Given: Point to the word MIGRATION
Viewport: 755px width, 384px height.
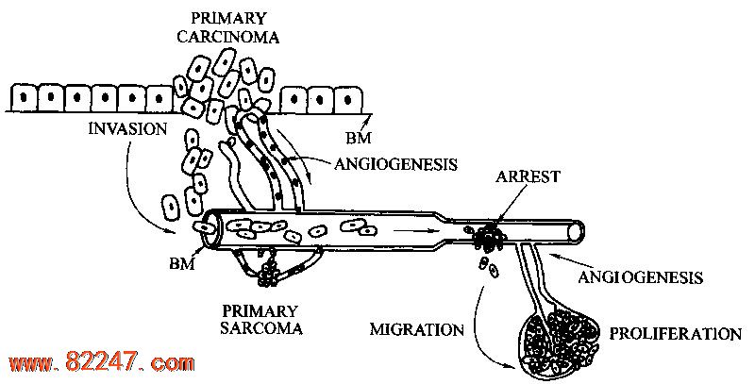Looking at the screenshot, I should (x=416, y=330).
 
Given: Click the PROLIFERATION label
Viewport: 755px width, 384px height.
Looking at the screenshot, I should (x=675, y=333).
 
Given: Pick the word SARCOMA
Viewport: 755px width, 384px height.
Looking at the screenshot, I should (x=262, y=328).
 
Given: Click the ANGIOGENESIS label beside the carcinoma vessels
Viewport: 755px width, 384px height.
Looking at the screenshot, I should (x=395, y=163).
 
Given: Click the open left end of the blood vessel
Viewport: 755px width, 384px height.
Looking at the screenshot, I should (x=209, y=226).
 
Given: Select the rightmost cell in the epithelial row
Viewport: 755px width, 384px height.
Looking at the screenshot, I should (x=352, y=98).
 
